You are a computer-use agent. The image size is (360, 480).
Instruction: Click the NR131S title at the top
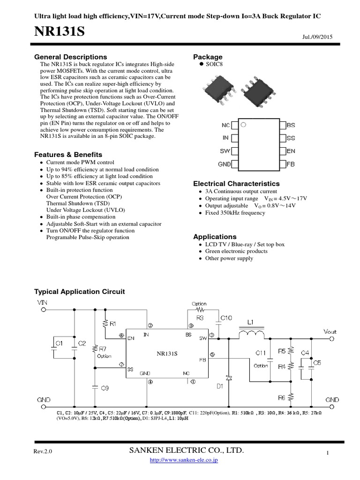[60, 32]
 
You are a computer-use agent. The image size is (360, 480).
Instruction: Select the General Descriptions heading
[71, 57]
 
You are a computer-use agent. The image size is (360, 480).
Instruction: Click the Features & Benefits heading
[68, 155]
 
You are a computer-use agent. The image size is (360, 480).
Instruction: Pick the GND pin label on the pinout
[224, 165]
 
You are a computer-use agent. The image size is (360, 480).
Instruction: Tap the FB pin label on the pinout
[291, 165]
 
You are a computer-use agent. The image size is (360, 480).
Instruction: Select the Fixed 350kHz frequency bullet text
[235, 213]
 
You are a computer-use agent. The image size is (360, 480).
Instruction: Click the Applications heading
[215, 237]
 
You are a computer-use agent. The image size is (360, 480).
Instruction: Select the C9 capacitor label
[105, 388]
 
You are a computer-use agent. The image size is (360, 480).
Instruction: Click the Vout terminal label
[330, 331]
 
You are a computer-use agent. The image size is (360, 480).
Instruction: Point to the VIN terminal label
[43, 303]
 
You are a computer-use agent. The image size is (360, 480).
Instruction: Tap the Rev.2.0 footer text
[43, 451]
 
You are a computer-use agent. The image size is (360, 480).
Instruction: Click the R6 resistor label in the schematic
[281, 397]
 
